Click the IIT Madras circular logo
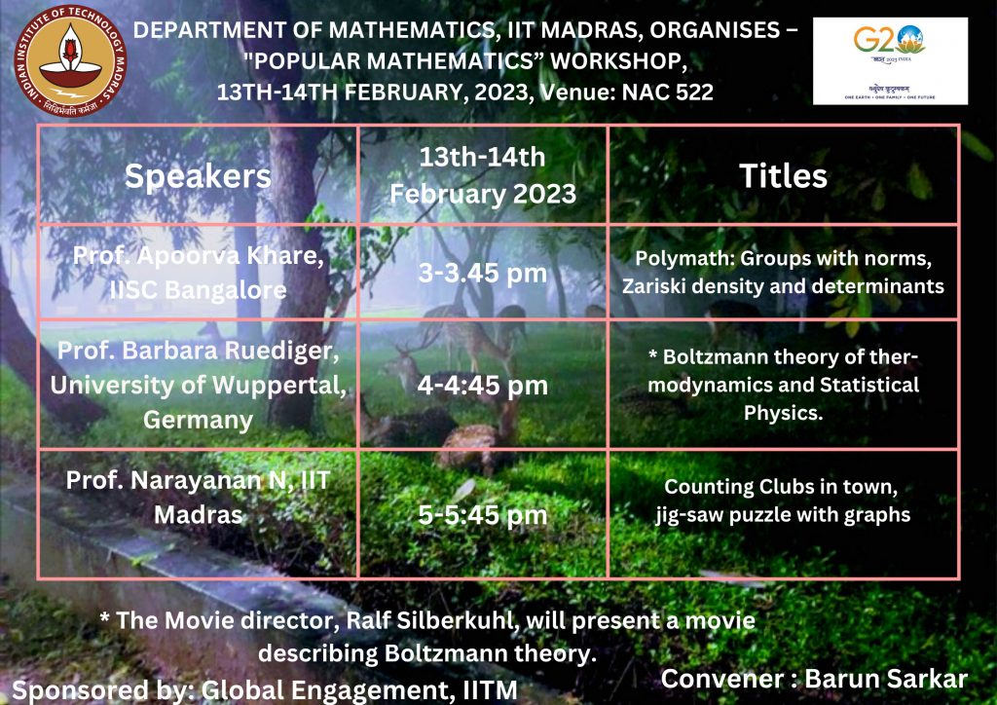click(70, 61)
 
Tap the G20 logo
click(890, 61)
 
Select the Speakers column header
click(198, 175)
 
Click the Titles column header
click(784, 175)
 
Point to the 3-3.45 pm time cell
click(483, 274)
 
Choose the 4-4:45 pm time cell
click(483, 386)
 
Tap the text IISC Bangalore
click(198, 290)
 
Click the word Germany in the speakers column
click(198, 421)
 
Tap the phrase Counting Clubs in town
click(781, 486)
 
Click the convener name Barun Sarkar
click(886, 679)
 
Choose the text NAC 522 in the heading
click(668, 93)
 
